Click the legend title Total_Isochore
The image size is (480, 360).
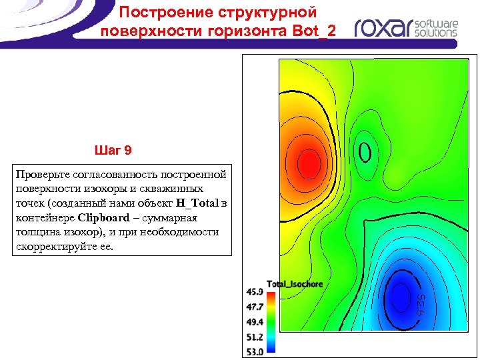[295, 284]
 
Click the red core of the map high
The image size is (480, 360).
[308, 161]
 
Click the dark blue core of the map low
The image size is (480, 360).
[401, 293]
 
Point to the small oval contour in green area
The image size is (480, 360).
[365, 153]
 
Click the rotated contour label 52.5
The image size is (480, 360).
[421, 303]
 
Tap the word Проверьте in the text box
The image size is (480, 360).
[41, 174]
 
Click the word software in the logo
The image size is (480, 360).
[436, 22]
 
